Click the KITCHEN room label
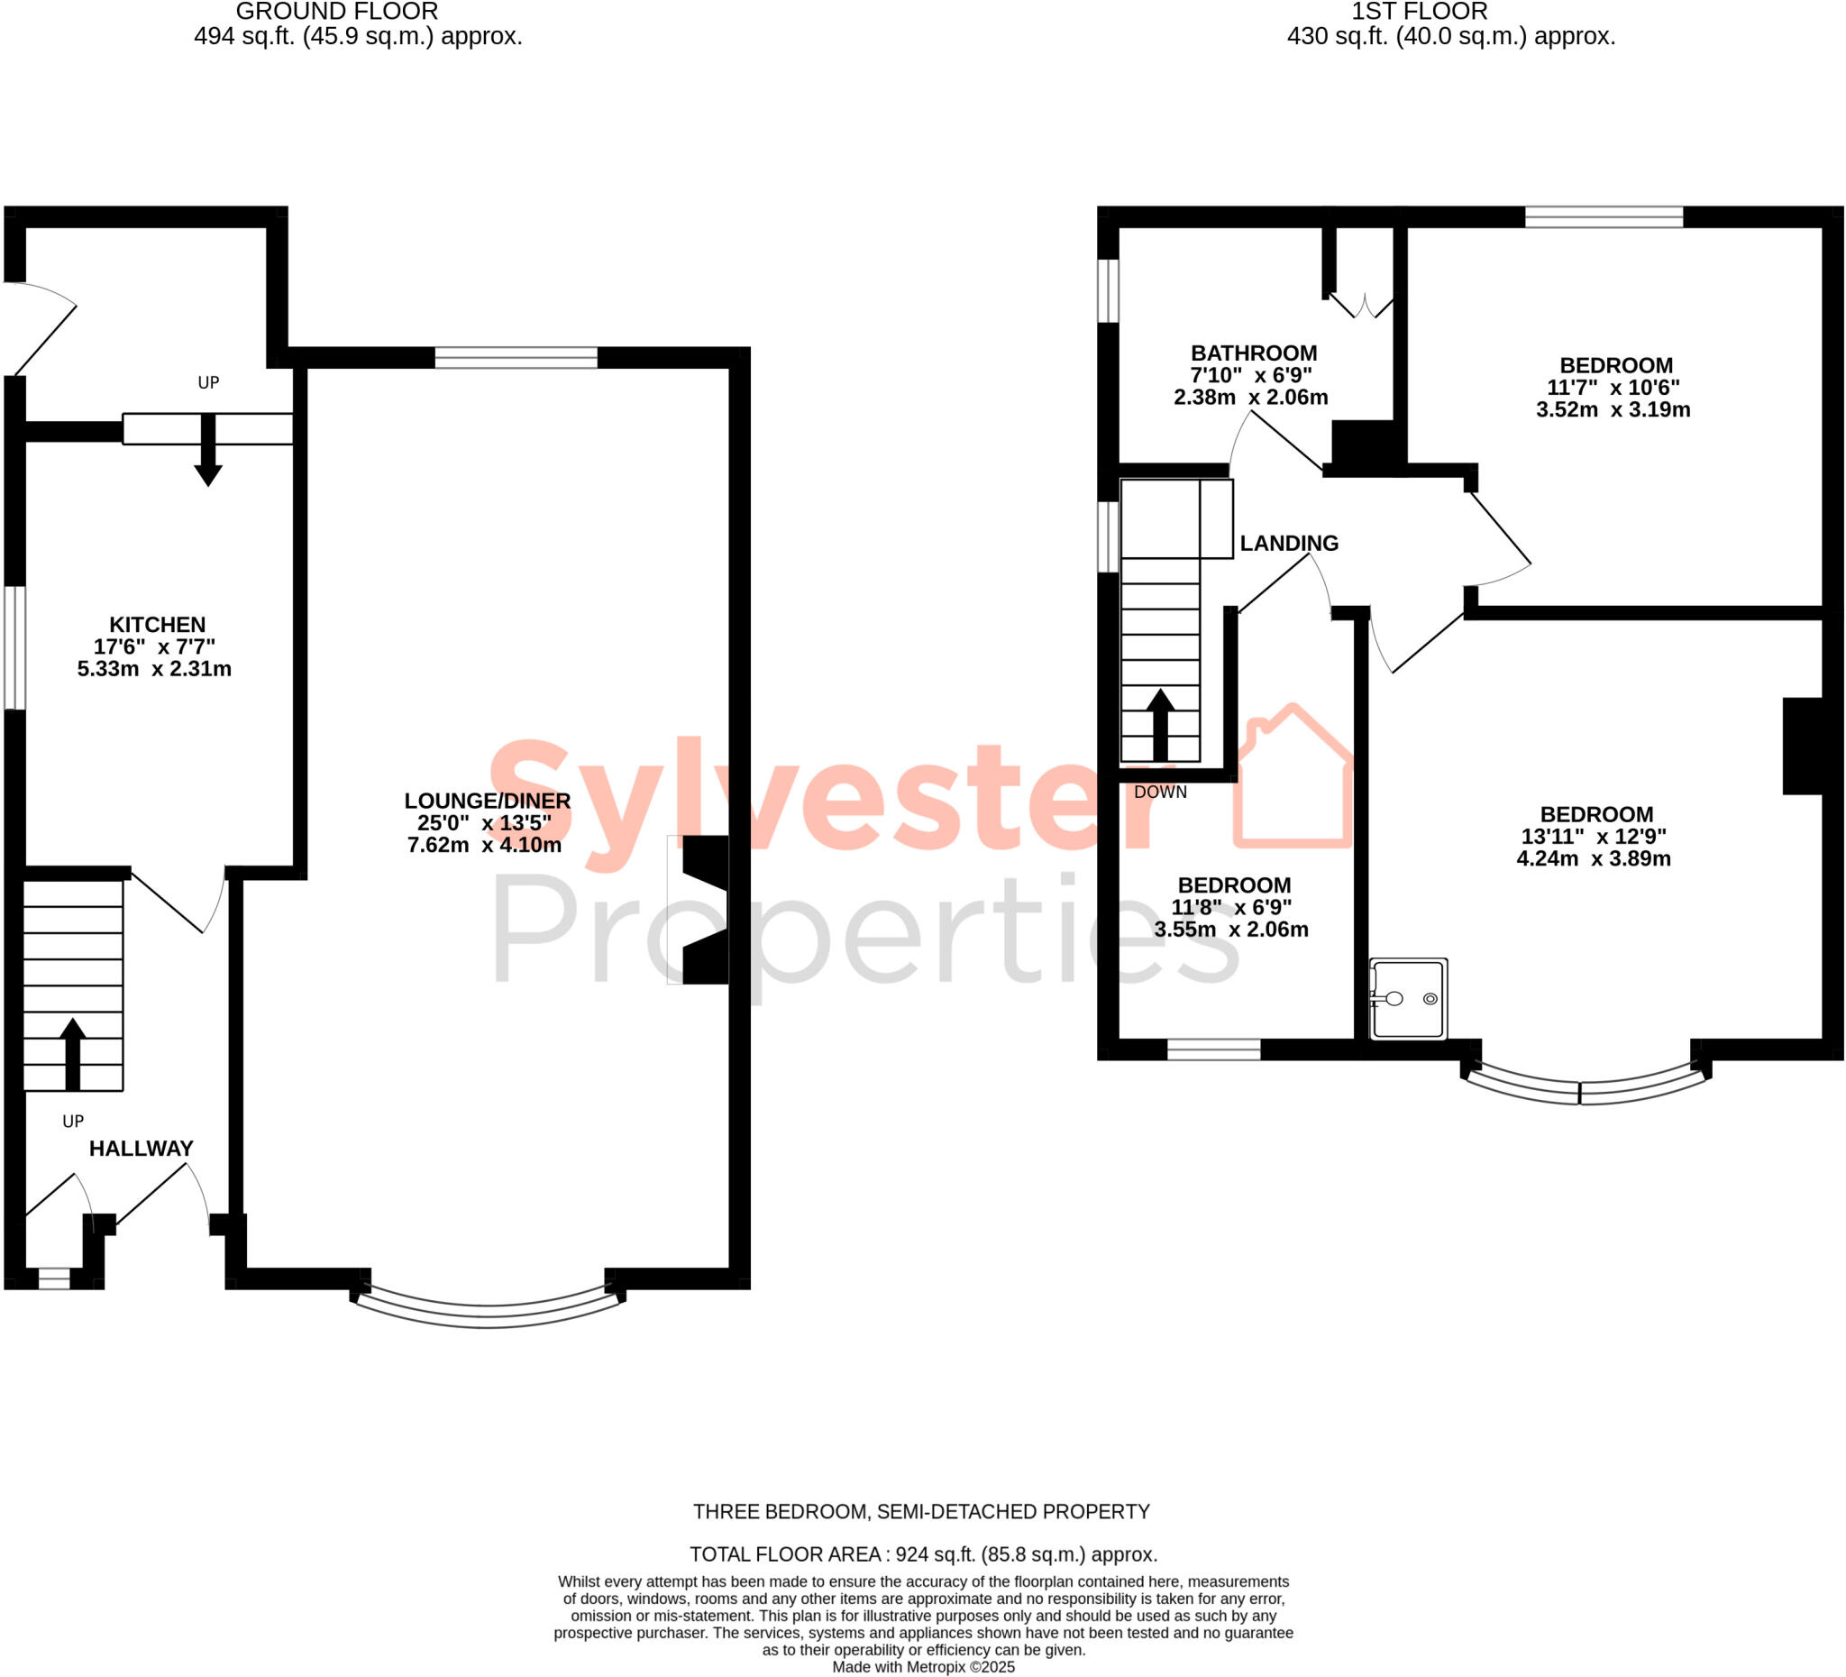coord(158,625)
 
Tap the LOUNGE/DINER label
coord(487,801)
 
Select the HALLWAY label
coord(141,1149)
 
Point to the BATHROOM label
coord(1254,353)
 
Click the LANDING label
coord(1288,543)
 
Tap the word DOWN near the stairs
coord(1160,793)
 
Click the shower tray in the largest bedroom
coord(1408,999)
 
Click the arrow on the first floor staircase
coord(1160,725)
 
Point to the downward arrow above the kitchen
coord(208,451)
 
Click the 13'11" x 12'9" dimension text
coord(1594,836)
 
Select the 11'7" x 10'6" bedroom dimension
coord(1613,388)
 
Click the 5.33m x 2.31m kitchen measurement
coord(154,669)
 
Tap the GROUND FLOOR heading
coord(337,12)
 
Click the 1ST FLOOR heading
coord(1420,12)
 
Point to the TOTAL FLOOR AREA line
coord(923,1554)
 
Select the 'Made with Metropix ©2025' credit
coord(923,1667)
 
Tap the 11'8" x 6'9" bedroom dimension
coord(1231,908)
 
